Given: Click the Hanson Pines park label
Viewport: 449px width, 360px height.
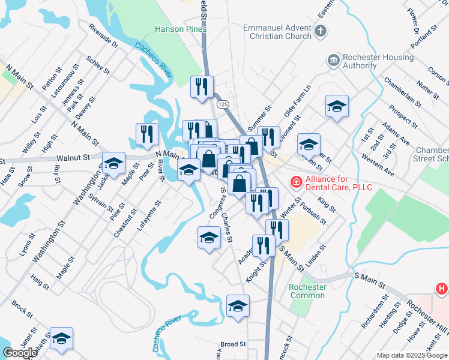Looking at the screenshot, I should tap(180, 29).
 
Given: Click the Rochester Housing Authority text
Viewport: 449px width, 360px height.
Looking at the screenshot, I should tap(378, 62).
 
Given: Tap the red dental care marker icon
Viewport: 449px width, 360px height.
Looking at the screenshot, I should tap(296, 181).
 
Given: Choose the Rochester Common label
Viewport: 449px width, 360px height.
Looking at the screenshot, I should tap(307, 291).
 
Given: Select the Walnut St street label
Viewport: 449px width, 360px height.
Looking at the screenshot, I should tap(73, 158).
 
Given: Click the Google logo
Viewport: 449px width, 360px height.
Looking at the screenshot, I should tap(20, 353).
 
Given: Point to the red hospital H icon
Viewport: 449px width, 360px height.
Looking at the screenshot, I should tap(441, 289).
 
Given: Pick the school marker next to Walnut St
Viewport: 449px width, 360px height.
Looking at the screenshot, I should tap(113, 163).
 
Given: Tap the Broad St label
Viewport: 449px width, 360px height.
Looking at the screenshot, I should tap(234, 344).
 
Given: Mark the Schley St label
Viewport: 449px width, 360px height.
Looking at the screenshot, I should tap(98, 65).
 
